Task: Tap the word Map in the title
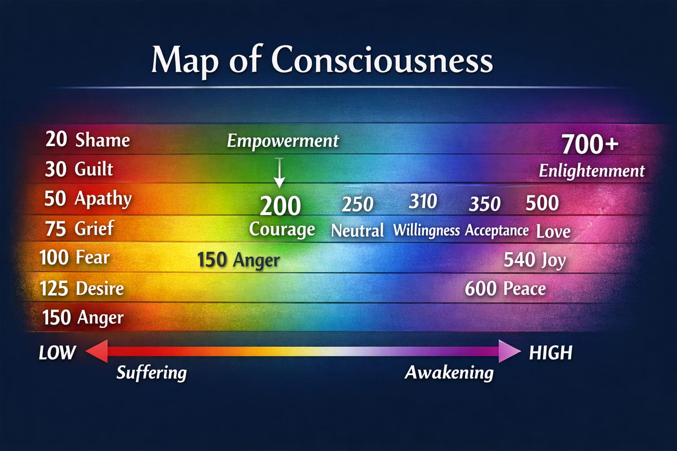click(184, 60)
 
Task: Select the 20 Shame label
click(87, 140)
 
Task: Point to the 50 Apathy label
click(88, 199)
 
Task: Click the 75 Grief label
click(79, 229)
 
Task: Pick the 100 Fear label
click(74, 258)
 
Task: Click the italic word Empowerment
click(283, 141)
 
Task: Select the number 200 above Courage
click(280, 206)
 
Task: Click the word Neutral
click(357, 230)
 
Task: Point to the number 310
click(423, 202)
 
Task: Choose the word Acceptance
click(497, 230)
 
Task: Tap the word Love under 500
click(553, 232)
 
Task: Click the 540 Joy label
click(534, 260)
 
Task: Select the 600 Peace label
click(505, 289)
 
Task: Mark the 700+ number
click(590, 144)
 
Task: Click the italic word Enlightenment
click(591, 171)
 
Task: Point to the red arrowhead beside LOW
click(97, 351)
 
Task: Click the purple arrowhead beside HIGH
click(509, 351)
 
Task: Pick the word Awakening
click(449, 373)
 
